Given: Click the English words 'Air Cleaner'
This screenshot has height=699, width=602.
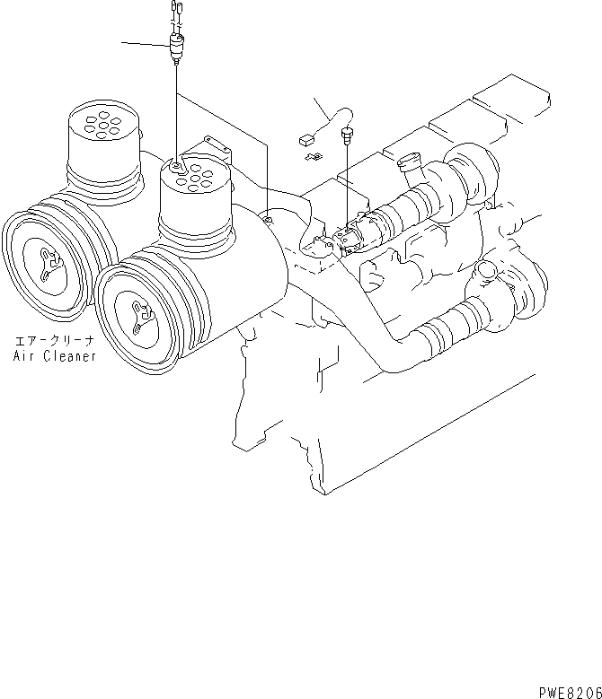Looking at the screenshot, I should [54, 355].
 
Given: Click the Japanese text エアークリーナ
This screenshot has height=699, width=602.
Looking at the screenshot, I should [54, 342].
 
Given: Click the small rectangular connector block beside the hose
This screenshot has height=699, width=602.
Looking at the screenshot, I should [306, 140].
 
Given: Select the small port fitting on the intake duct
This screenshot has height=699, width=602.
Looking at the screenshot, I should [266, 216].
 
